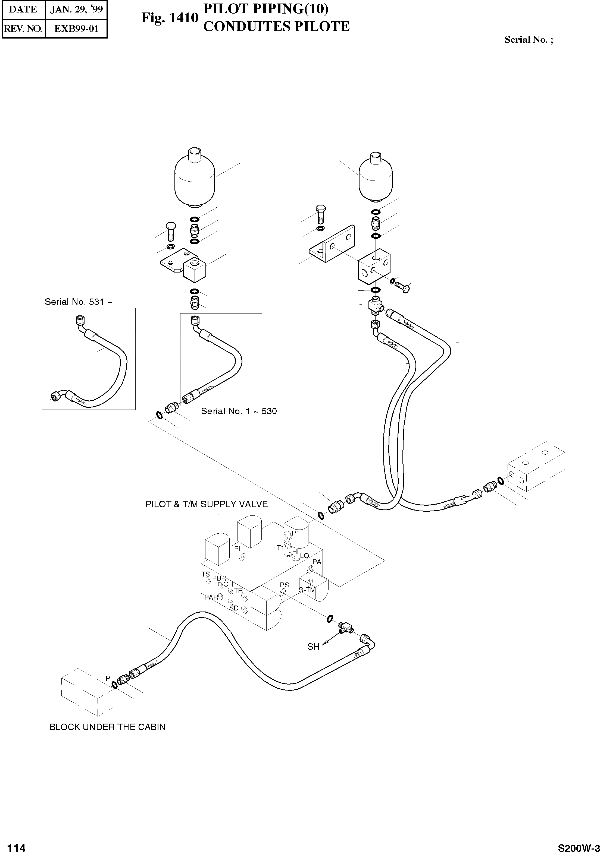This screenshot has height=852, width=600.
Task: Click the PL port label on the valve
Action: pos(238,549)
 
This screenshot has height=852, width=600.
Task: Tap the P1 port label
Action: pos(295,533)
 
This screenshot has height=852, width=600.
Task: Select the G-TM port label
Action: pos(307,590)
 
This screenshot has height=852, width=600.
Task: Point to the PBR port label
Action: pos(219,578)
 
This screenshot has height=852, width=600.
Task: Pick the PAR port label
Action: pos(211,597)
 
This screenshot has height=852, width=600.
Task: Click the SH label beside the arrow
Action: pos(313,647)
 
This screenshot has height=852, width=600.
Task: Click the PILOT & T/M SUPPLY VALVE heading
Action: pos(207,504)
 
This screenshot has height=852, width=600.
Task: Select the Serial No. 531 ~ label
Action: pos(78,302)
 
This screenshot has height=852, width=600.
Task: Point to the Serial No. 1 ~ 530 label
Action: pos(239,411)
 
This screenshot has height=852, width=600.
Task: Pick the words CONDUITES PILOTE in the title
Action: pos(276,27)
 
